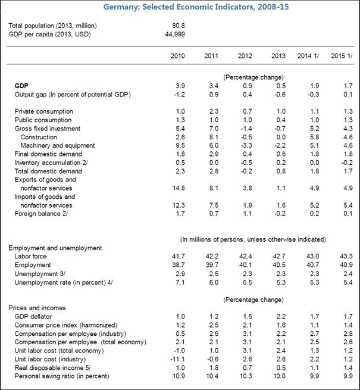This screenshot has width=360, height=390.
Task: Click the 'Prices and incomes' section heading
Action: click(36, 308)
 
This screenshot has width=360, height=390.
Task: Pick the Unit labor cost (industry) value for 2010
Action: click(177, 360)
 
